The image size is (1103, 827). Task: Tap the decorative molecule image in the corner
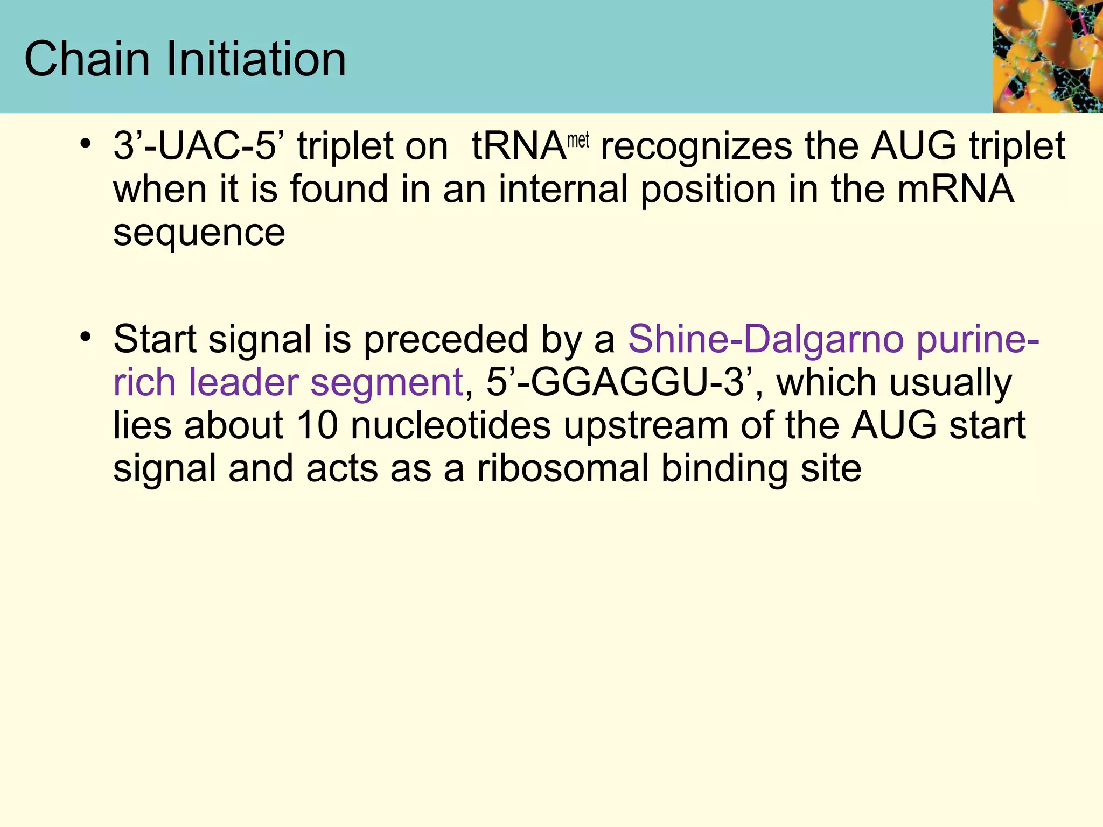1048,56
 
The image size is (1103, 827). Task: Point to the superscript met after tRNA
578,141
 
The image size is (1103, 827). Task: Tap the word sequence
199,233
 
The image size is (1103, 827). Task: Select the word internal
563,190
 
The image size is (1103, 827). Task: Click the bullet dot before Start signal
85,337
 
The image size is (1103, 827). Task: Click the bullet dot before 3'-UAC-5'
85,144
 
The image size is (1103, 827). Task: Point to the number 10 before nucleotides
317,425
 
